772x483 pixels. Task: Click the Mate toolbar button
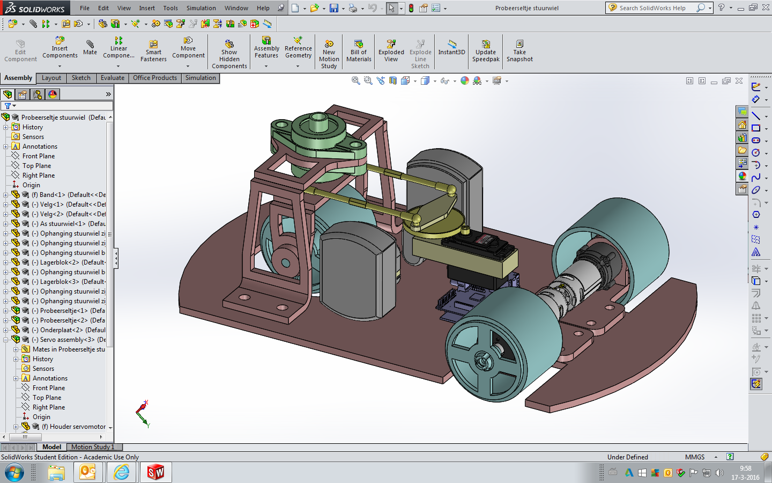point(90,48)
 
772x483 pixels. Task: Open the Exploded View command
point(391,50)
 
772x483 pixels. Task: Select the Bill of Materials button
point(359,50)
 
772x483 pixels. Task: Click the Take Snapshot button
point(519,50)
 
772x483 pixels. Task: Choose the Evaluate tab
point(113,78)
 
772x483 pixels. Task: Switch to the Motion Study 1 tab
point(93,447)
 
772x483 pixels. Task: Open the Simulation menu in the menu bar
point(201,8)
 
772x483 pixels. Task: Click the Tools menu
point(170,8)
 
